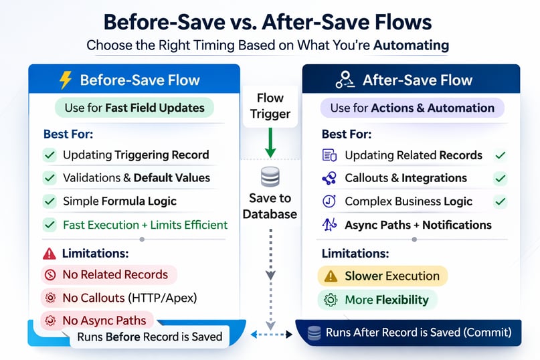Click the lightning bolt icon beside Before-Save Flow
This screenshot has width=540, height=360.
[66, 80]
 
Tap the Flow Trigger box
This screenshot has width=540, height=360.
[270, 106]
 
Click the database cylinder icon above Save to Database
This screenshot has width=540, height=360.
[270, 177]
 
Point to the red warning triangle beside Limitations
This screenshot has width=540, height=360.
[49, 254]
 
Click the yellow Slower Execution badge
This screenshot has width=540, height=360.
[381, 276]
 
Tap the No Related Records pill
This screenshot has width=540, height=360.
[108, 274]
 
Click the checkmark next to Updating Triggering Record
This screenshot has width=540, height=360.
[50, 155]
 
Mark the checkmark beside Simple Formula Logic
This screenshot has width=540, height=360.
[50, 201]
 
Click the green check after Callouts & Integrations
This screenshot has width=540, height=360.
[500, 178]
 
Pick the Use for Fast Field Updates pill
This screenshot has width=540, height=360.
[134, 108]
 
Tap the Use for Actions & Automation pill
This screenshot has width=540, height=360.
[412, 108]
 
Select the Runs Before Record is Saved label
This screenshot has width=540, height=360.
[149, 337]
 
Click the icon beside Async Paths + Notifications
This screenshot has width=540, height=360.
[329, 225]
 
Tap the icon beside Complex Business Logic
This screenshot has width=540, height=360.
[329, 201]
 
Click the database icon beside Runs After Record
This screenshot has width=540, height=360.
[313, 333]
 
